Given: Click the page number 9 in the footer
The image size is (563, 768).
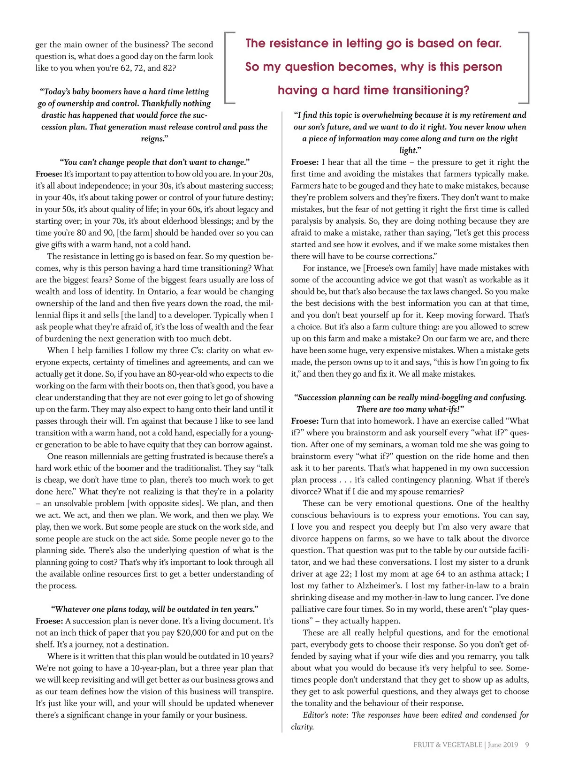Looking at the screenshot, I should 527,745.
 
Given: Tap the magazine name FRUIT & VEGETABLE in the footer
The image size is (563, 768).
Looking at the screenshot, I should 448,745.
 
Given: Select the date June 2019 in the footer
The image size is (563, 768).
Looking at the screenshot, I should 503,745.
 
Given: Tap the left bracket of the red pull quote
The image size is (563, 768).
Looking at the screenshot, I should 228,67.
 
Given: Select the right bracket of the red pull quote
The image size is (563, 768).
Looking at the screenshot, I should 526,67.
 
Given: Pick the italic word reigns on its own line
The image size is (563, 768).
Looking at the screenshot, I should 154,139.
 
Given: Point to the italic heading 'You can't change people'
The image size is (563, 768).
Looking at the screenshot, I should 154,162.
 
